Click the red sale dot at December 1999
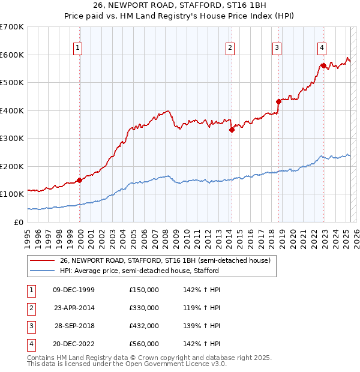(79, 180)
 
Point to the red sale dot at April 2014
(231, 130)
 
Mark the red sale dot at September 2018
(278, 101)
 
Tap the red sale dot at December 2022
(323, 66)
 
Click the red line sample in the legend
(41, 260)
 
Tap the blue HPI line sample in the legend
(41, 271)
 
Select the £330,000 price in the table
(144, 308)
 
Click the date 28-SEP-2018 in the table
(74, 326)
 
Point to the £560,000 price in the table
(144, 344)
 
